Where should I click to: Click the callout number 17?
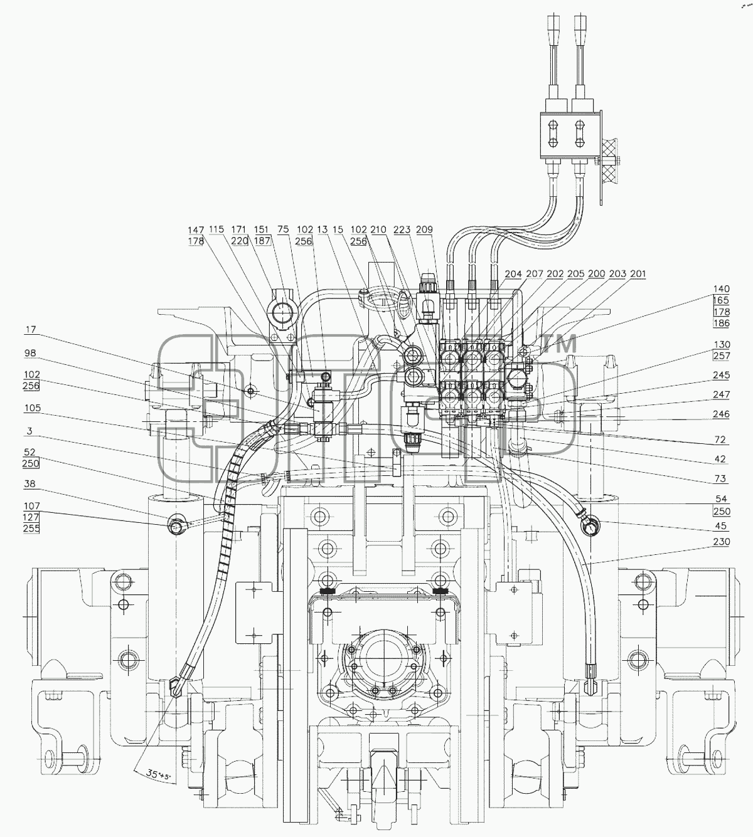(x=31, y=330)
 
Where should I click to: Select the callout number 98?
(x=31, y=353)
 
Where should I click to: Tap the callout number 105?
(x=32, y=408)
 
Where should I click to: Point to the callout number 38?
(x=29, y=484)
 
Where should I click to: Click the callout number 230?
(x=721, y=542)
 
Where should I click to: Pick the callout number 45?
(x=721, y=526)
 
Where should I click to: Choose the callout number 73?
(x=720, y=478)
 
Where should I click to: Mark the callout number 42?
(x=720, y=459)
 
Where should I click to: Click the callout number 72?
(x=720, y=440)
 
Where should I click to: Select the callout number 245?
(x=721, y=376)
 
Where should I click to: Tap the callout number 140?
(x=721, y=289)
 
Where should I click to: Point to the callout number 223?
(x=402, y=230)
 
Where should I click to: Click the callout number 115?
(x=216, y=229)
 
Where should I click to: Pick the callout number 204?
(x=513, y=274)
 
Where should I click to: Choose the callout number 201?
(x=638, y=274)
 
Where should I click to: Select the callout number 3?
(x=29, y=431)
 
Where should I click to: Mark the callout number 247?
(x=721, y=395)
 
